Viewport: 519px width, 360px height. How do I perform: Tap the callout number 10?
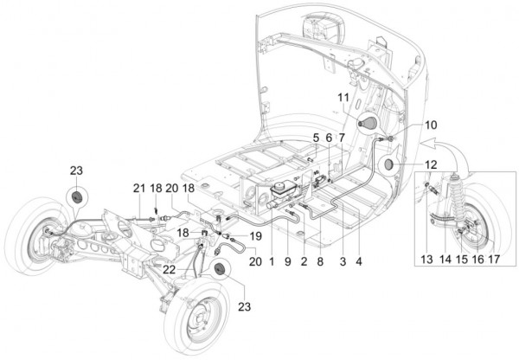[430, 125]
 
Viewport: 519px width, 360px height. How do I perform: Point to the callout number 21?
[137, 190]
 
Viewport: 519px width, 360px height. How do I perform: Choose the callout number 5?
[317, 138]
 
